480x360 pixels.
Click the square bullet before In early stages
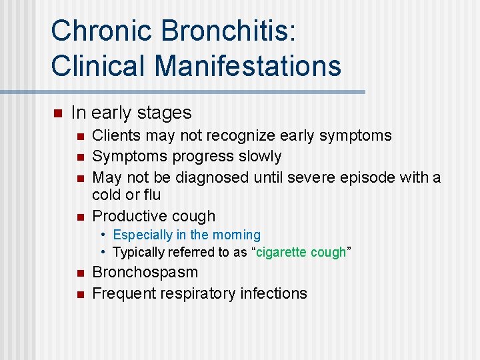[x=57, y=113]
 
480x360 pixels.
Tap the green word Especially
[x=141, y=235]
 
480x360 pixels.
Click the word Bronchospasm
[x=145, y=272]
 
